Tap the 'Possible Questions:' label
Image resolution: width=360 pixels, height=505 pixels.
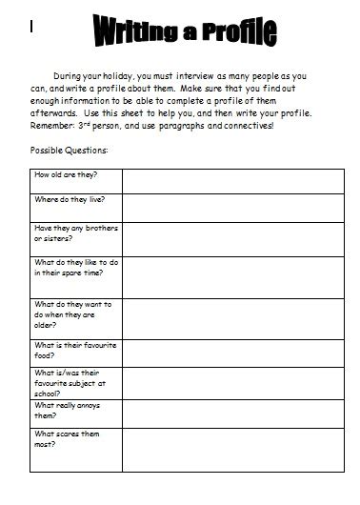point(69,151)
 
